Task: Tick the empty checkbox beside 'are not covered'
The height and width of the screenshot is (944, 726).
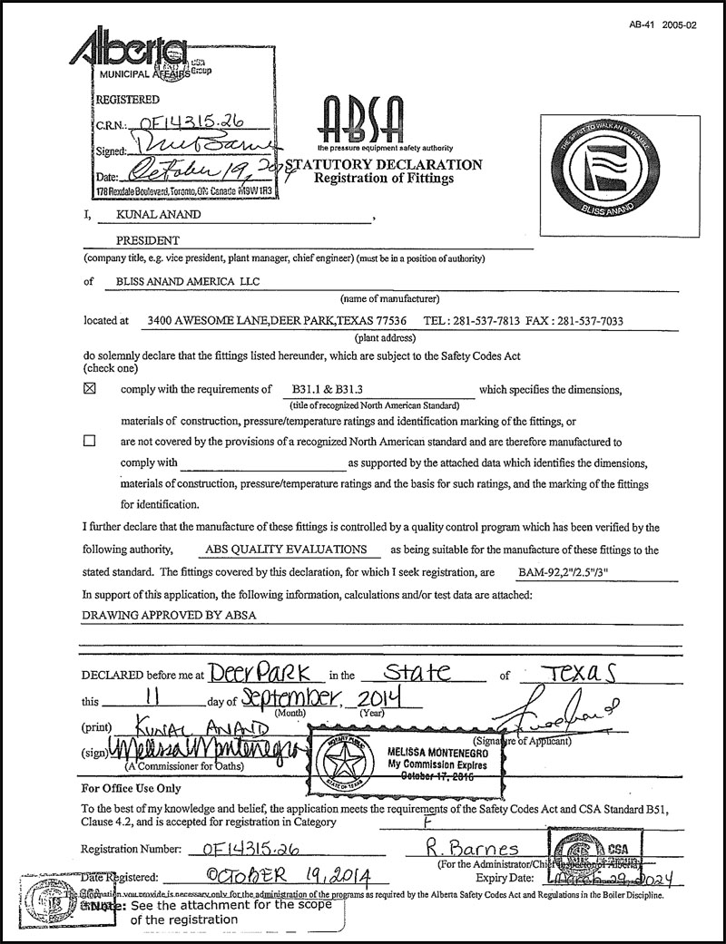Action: click(x=89, y=442)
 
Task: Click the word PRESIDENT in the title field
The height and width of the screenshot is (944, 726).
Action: click(x=148, y=241)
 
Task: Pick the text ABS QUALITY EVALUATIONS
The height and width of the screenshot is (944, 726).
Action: click(x=287, y=550)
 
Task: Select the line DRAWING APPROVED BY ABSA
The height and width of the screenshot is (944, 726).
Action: click(x=169, y=615)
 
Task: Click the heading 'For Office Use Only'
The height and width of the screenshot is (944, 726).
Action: click(x=131, y=788)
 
